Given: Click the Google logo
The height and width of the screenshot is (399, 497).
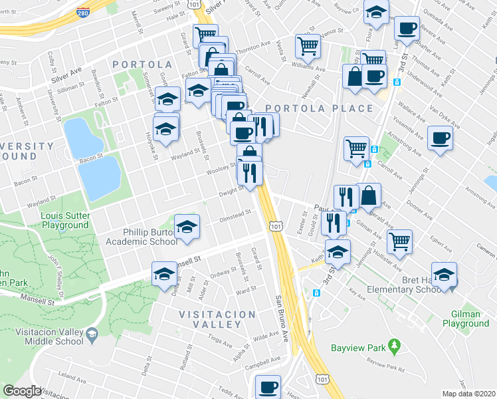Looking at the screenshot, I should coord(22,391).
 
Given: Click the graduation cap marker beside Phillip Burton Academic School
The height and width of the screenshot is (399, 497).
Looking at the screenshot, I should coord(187,226).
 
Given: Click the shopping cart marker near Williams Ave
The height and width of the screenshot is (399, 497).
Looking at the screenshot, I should coord(308,45).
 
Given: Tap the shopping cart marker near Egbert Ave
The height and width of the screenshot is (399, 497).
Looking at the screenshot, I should coord(399,241).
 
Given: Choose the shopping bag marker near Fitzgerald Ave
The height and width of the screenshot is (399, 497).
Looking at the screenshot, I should coord(369,195).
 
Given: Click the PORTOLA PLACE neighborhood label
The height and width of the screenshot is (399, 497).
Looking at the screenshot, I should coord(318,108).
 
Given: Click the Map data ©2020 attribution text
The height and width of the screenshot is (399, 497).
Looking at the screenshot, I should coord(469,393).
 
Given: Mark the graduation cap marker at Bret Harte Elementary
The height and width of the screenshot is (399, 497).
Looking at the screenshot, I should coord(443,274).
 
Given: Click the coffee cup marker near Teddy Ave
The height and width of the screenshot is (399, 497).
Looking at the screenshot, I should coord(269,386).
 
